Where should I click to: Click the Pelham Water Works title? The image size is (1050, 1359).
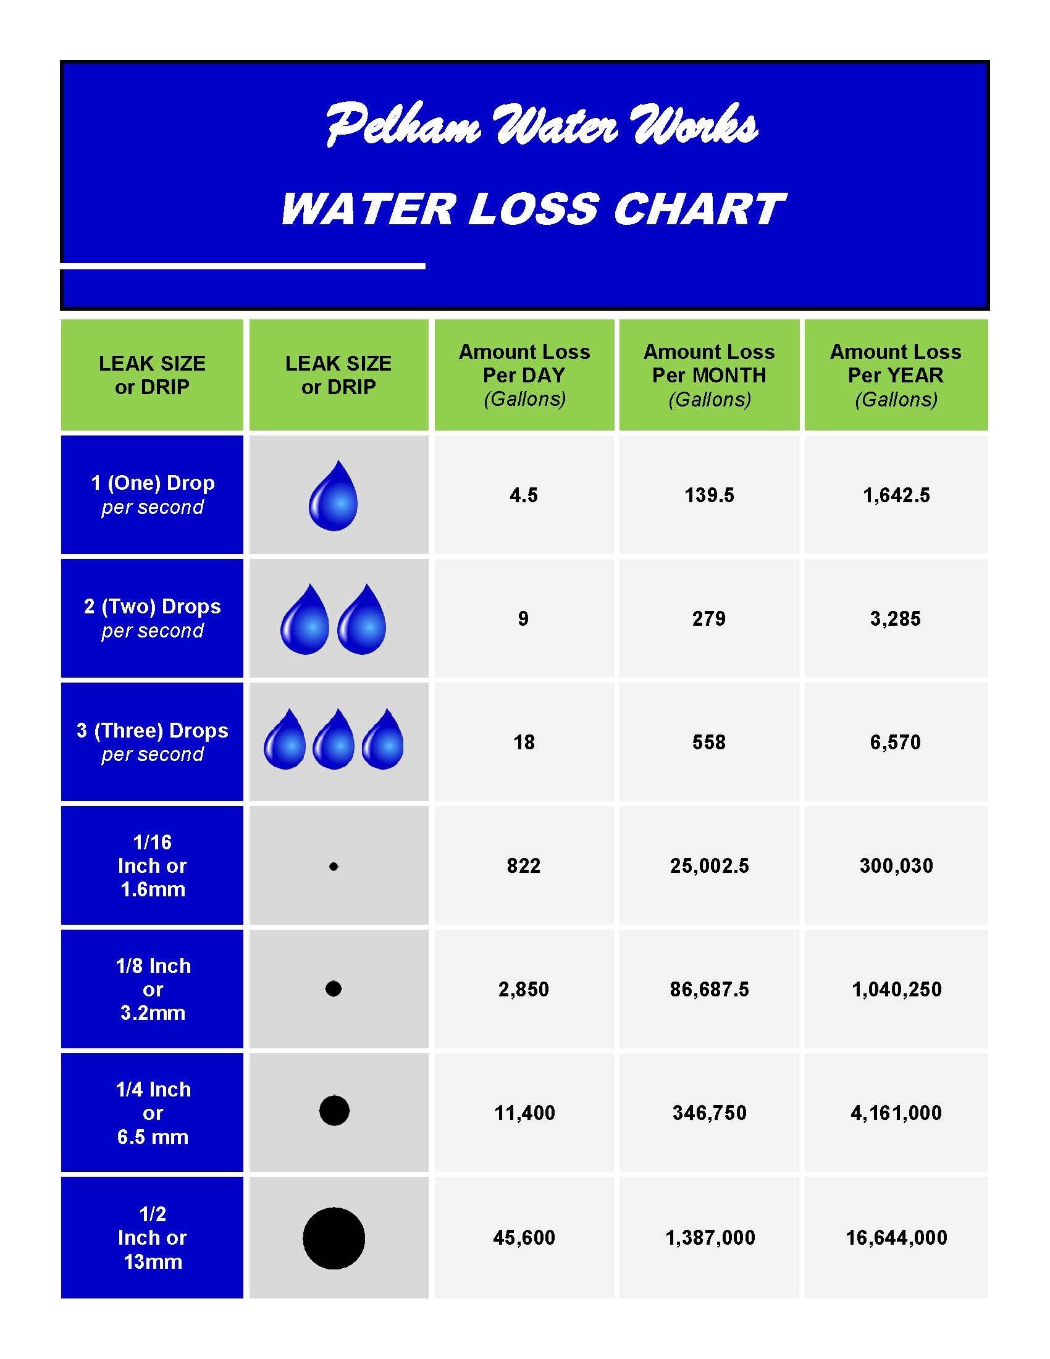(541, 125)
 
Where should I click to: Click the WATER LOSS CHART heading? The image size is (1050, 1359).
(533, 209)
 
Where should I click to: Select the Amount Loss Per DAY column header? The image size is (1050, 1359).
(524, 375)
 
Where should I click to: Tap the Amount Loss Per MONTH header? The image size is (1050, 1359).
(709, 375)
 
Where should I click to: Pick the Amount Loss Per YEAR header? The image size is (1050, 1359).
(896, 375)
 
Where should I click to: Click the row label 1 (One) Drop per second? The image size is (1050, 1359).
(153, 495)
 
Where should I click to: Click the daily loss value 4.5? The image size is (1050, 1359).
(524, 495)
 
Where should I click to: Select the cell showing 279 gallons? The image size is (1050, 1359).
(709, 618)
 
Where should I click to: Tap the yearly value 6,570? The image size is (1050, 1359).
(895, 742)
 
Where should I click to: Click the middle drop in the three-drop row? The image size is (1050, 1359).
(334, 741)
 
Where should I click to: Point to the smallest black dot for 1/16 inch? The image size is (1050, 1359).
(334, 866)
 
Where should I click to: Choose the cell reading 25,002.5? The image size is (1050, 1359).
(709, 865)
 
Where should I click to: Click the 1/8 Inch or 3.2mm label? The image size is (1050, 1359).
(153, 989)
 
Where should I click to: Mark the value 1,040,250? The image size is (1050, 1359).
(896, 989)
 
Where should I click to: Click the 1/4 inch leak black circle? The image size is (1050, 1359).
(334, 1110)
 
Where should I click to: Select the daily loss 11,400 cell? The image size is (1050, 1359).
(524, 1113)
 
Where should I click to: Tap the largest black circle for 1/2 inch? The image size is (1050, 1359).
(334, 1239)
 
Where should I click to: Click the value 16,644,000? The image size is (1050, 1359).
(896, 1238)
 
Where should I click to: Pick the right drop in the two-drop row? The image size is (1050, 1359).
(362, 621)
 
